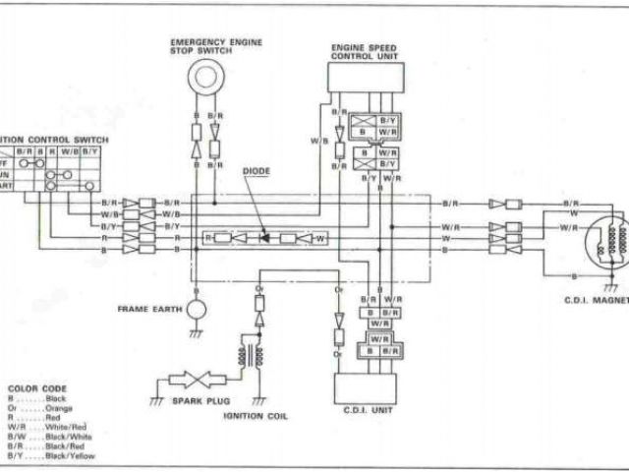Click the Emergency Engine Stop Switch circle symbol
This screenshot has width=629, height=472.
coord(205,75)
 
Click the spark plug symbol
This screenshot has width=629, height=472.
coord(192,379)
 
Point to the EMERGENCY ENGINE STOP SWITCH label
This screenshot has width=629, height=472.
coord(205,46)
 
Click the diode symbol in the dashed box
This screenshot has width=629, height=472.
coord(264,238)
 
